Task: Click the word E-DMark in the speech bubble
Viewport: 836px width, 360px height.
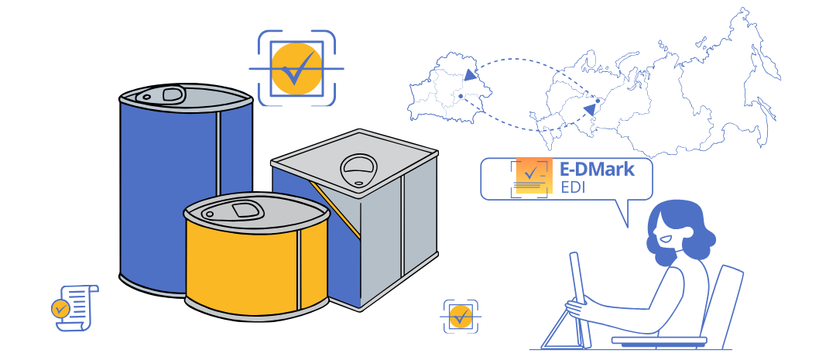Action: tap(597, 170)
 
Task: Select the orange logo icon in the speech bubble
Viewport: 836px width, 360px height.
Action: tap(532, 177)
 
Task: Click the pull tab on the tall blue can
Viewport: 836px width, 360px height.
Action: tap(172, 94)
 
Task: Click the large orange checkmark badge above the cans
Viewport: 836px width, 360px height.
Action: tap(296, 69)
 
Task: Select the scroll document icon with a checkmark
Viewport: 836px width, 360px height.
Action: tap(71, 306)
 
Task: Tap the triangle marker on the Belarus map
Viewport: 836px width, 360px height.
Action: tap(471, 75)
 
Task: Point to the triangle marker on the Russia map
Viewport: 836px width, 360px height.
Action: tap(590, 110)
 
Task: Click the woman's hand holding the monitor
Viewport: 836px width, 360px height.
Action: tap(574, 307)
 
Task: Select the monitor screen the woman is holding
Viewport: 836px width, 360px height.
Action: tap(581, 298)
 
